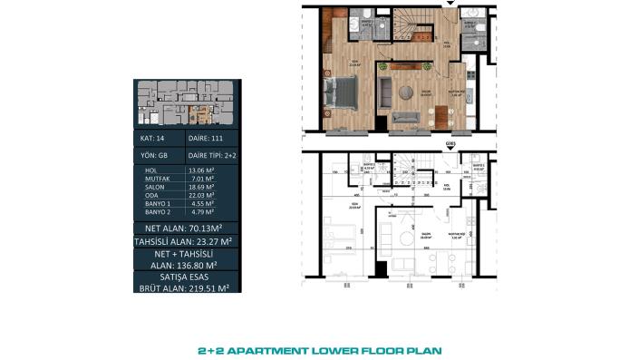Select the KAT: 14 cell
click(x=153, y=139)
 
